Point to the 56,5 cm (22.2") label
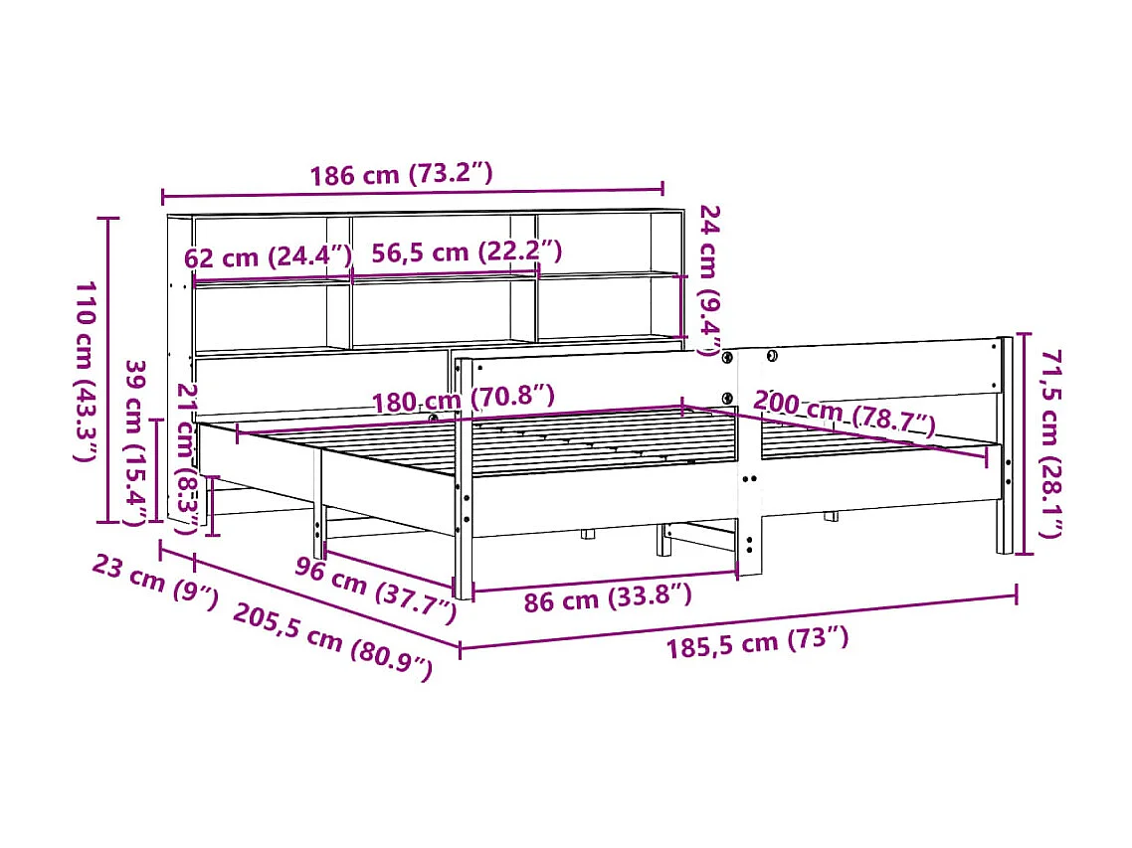point(466,253)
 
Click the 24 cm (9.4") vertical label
point(709,279)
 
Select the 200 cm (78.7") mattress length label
point(844,413)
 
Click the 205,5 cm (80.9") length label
point(333,641)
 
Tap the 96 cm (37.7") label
point(376,590)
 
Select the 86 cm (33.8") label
point(607,598)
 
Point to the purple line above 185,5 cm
point(738,621)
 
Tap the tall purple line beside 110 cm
point(109,369)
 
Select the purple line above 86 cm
point(605,581)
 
